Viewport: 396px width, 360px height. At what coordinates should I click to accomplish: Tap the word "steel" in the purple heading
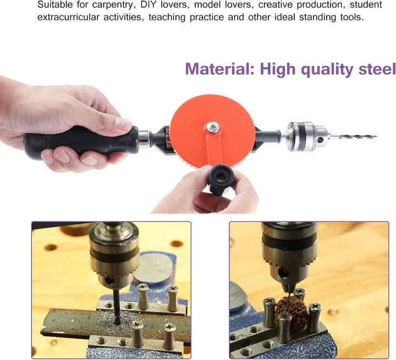coord(377,69)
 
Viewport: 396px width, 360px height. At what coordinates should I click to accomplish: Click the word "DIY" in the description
coord(148,4)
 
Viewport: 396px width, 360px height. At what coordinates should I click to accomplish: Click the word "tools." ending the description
coord(352,17)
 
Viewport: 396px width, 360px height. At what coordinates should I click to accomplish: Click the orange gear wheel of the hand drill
coord(212,131)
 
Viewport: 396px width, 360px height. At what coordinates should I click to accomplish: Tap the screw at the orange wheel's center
coord(213,127)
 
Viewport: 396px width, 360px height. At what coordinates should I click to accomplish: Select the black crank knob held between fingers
coord(220,178)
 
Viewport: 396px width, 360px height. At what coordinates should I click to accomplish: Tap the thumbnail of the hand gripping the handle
coord(123,123)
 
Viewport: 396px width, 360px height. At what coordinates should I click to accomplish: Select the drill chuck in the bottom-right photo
coord(289,255)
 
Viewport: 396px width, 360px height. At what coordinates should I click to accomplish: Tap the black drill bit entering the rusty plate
coord(117,306)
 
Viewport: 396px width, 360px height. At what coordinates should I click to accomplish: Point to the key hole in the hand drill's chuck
coord(321,139)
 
